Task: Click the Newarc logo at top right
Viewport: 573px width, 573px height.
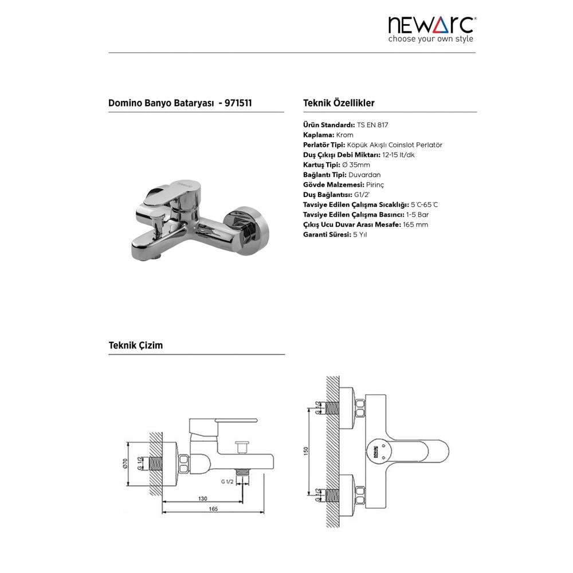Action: click(431, 25)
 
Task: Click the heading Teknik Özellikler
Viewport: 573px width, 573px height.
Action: click(339, 103)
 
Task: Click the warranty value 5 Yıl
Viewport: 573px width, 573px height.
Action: click(360, 234)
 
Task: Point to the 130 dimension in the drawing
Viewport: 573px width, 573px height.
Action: click(203, 499)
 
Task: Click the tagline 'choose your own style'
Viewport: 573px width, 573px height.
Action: click(430, 39)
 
